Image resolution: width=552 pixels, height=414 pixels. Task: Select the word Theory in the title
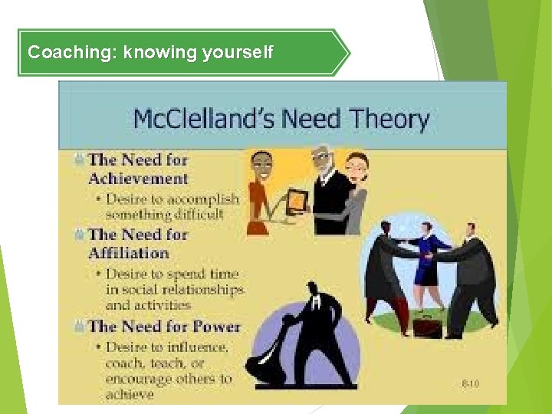[388, 120]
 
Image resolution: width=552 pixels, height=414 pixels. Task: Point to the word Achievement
[138, 179]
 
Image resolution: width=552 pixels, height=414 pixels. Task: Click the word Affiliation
[128, 252]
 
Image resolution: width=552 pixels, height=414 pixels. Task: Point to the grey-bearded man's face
[321, 163]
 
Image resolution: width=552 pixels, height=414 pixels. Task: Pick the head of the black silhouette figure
[313, 291]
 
